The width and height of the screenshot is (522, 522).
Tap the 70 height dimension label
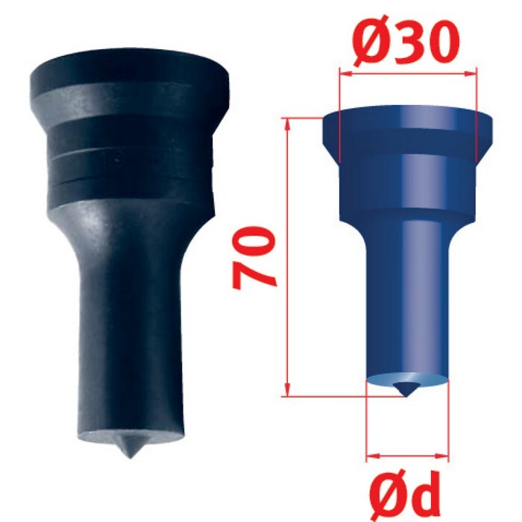tap(254, 258)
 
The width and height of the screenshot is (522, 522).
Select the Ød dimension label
tap(405, 496)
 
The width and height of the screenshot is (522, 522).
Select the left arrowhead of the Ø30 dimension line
tap(345, 74)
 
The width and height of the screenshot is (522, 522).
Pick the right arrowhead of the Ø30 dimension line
tap(470, 74)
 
